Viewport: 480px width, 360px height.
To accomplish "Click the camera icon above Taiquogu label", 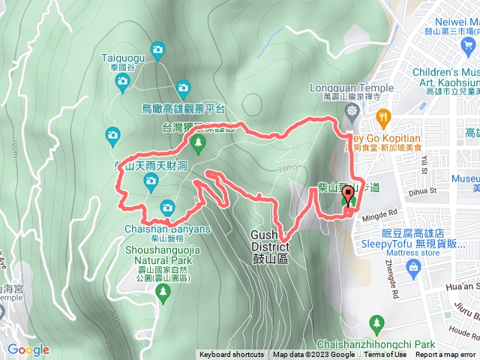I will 157,51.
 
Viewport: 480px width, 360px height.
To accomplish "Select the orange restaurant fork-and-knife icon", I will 384,116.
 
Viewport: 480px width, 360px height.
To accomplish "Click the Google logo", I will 28,349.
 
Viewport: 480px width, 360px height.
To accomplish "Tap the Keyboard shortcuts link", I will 231,355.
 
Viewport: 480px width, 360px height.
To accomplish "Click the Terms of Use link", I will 385,355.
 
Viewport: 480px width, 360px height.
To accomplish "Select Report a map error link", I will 445,355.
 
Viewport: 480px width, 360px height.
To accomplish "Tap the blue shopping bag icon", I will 413,269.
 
